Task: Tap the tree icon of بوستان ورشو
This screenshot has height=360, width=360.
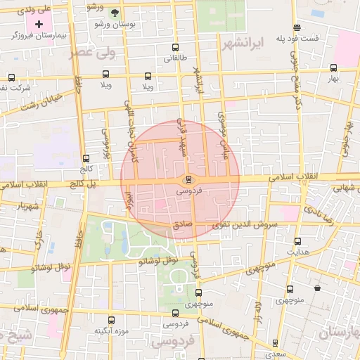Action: click(115, 12)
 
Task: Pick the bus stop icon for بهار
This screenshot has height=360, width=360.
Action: click(333, 68)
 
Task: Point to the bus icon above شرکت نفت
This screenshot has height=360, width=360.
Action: click(11, 77)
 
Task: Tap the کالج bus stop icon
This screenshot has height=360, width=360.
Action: click(86, 159)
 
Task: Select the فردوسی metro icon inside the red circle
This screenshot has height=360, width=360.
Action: click(187, 179)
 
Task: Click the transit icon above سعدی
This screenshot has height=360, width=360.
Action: click(274, 343)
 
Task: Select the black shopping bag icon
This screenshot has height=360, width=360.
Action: click(318, 288)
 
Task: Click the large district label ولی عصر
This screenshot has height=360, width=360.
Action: click(90, 53)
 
